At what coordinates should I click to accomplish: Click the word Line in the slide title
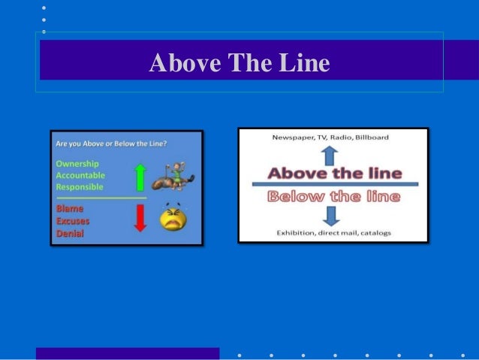coord(303,63)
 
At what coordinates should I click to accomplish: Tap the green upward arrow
coord(140,177)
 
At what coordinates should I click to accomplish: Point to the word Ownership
coord(77,163)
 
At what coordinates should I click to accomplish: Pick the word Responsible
coord(80,186)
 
